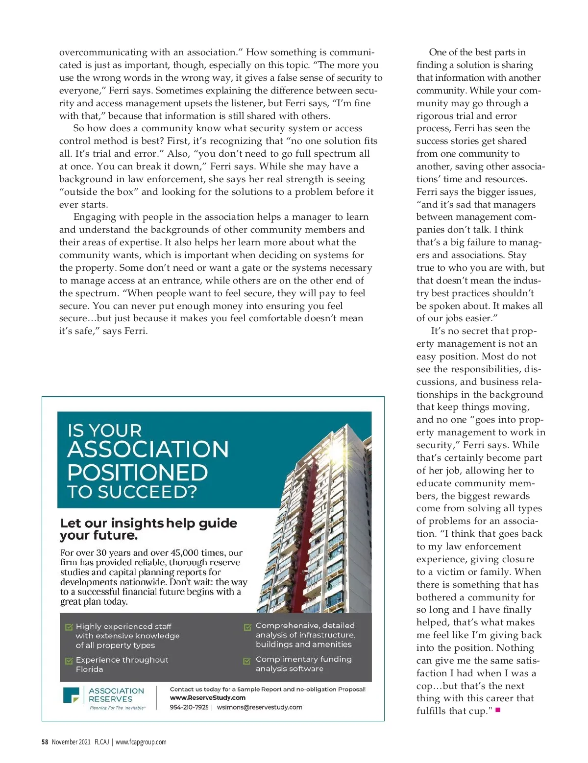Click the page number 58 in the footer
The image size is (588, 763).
[45, 742]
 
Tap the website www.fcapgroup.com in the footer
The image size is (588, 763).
[141, 742]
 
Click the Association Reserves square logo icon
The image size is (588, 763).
[71, 695]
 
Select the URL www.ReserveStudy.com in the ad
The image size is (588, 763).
[207, 698]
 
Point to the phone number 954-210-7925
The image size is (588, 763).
[189, 707]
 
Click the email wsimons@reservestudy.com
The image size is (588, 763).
[259, 707]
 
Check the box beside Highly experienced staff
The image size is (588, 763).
[69, 627]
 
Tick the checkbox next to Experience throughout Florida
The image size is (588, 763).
[69, 661]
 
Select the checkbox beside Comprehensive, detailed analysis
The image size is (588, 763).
[248, 626]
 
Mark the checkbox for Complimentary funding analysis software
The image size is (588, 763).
[248, 661]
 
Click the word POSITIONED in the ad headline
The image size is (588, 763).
[138, 473]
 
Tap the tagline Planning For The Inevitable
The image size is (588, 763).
[117, 708]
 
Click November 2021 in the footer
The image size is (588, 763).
[71, 742]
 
